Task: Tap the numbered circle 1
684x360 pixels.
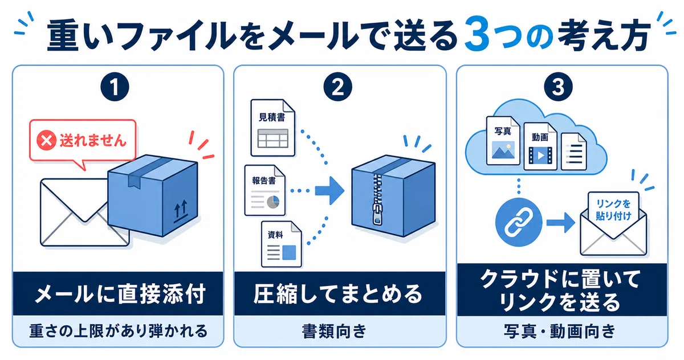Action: [x=115, y=87]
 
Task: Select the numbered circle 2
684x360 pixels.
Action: [x=337, y=87]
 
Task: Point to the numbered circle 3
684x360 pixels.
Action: [x=558, y=87]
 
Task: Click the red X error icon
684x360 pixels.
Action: [x=46, y=140]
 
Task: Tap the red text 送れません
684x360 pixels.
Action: [x=93, y=141]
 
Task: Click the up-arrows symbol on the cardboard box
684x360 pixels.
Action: [x=181, y=211]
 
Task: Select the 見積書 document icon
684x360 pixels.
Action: [x=272, y=128]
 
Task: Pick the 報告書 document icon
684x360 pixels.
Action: [x=264, y=190]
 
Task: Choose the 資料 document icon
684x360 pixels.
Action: [x=281, y=244]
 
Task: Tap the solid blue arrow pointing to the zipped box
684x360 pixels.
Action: [x=330, y=191]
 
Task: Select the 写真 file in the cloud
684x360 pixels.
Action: [x=503, y=141]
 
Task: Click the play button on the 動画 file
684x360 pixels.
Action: [x=540, y=156]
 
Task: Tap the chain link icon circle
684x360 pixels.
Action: [x=519, y=222]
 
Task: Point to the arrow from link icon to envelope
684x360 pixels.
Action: [x=561, y=223]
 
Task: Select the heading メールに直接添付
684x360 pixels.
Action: [x=120, y=294]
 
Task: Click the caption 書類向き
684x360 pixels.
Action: [x=334, y=332]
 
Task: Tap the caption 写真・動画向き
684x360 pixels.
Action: [x=559, y=332]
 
